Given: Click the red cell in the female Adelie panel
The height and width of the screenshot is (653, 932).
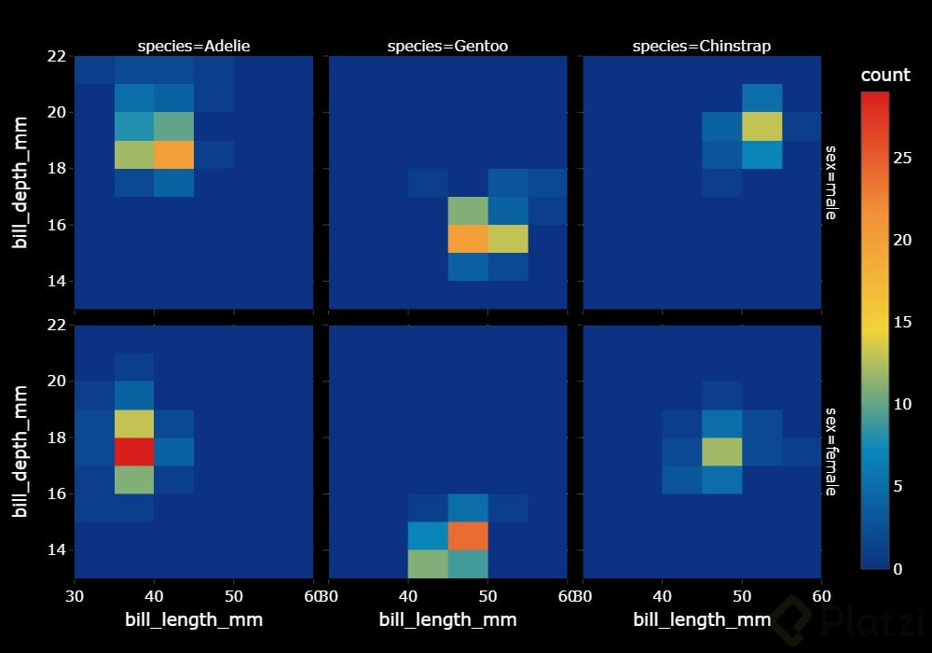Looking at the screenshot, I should point(134,452).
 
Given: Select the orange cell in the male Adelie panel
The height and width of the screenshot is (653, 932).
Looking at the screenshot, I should point(174,154).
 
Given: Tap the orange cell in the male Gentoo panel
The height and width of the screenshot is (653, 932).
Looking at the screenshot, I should point(468,239).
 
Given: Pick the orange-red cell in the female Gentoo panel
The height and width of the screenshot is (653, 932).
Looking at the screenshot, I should point(468,535).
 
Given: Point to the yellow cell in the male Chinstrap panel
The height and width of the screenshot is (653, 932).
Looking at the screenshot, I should point(761,126).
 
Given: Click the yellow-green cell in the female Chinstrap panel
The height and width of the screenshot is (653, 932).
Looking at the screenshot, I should point(721,452).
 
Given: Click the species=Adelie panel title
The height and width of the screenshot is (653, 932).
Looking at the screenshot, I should point(194,45).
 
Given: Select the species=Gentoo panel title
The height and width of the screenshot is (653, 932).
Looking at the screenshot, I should point(448,45).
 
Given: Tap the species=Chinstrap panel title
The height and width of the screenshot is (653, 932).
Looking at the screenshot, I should point(702,45).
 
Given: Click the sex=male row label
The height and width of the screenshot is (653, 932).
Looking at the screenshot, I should point(830,181).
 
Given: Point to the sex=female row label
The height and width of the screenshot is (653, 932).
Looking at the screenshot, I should point(830,451).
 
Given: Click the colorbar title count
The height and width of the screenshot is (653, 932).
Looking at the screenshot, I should point(884,76).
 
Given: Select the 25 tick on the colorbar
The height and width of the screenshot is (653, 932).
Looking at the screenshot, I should point(901,159).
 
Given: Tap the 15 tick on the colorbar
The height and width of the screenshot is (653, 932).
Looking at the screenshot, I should point(901,323).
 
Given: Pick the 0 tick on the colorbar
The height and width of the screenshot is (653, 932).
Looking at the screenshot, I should point(897,569).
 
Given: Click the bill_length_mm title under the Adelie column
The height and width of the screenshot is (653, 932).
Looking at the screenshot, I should point(194,619).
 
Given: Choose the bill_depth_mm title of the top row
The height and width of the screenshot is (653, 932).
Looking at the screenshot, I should point(21,182).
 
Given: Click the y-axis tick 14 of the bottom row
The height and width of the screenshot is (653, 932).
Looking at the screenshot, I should point(55,549).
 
